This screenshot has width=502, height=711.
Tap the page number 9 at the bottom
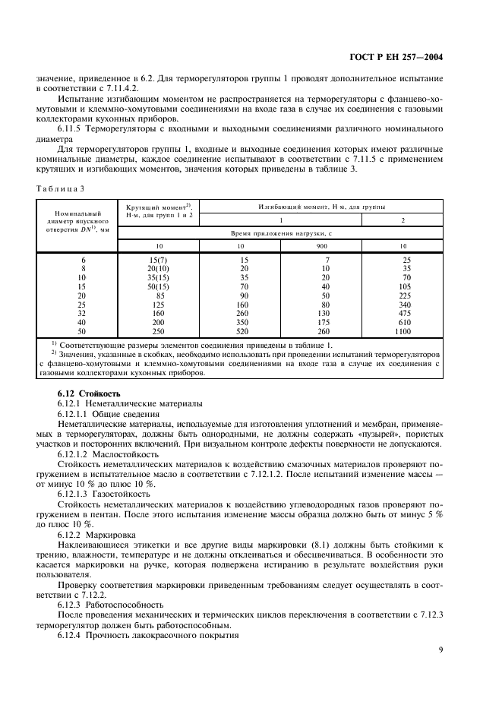point(440,649)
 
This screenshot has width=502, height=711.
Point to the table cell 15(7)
point(157,260)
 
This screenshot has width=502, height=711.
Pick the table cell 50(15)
point(157,287)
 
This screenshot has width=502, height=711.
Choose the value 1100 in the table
point(402,333)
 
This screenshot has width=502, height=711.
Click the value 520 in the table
point(239,333)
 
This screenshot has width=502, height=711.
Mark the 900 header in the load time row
point(320,246)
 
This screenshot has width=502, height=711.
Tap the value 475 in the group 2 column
point(402,314)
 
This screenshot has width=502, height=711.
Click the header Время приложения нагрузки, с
point(281,233)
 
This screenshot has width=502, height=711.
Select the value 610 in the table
point(402,324)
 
